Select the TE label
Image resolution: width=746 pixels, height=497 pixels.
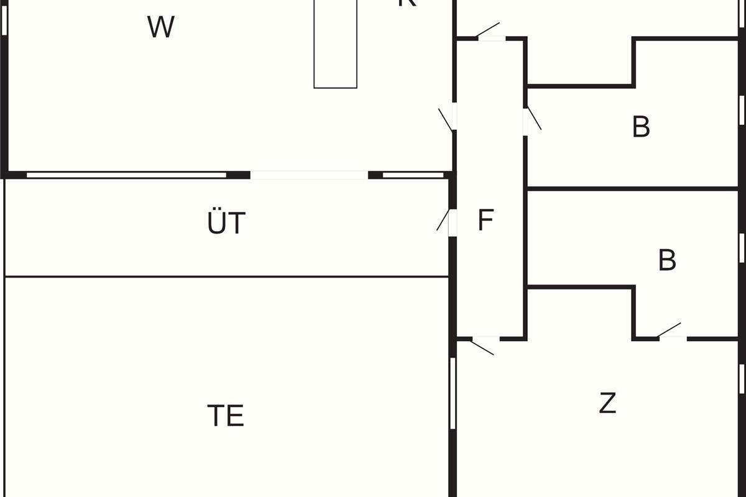pyautogui.click(x=226, y=415)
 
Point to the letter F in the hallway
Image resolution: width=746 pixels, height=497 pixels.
pyautogui.click(x=486, y=220)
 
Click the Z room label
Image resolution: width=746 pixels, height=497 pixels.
pyautogui.click(x=607, y=404)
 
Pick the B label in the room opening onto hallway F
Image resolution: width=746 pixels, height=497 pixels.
pyautogui.click(x=641, y=127)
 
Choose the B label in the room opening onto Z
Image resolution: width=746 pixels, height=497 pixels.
pyautogui.click(x=667, y=261)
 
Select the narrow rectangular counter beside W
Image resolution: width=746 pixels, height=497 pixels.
pyautogui.click(x=335, y=43)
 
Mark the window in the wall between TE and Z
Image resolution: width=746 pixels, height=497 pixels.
pyautogui.click(x=453, y=393)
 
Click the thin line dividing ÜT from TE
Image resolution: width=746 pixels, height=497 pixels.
pyautogui.click(x=226, y=276)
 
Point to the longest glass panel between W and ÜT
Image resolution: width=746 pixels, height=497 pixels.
pyautogui.click(x=126, y=175)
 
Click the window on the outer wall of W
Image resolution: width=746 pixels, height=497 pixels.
pyautogui.click(x=5, y=19)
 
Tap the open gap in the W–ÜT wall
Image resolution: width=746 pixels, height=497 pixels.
pyautogui.click(x=309, y=175)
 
